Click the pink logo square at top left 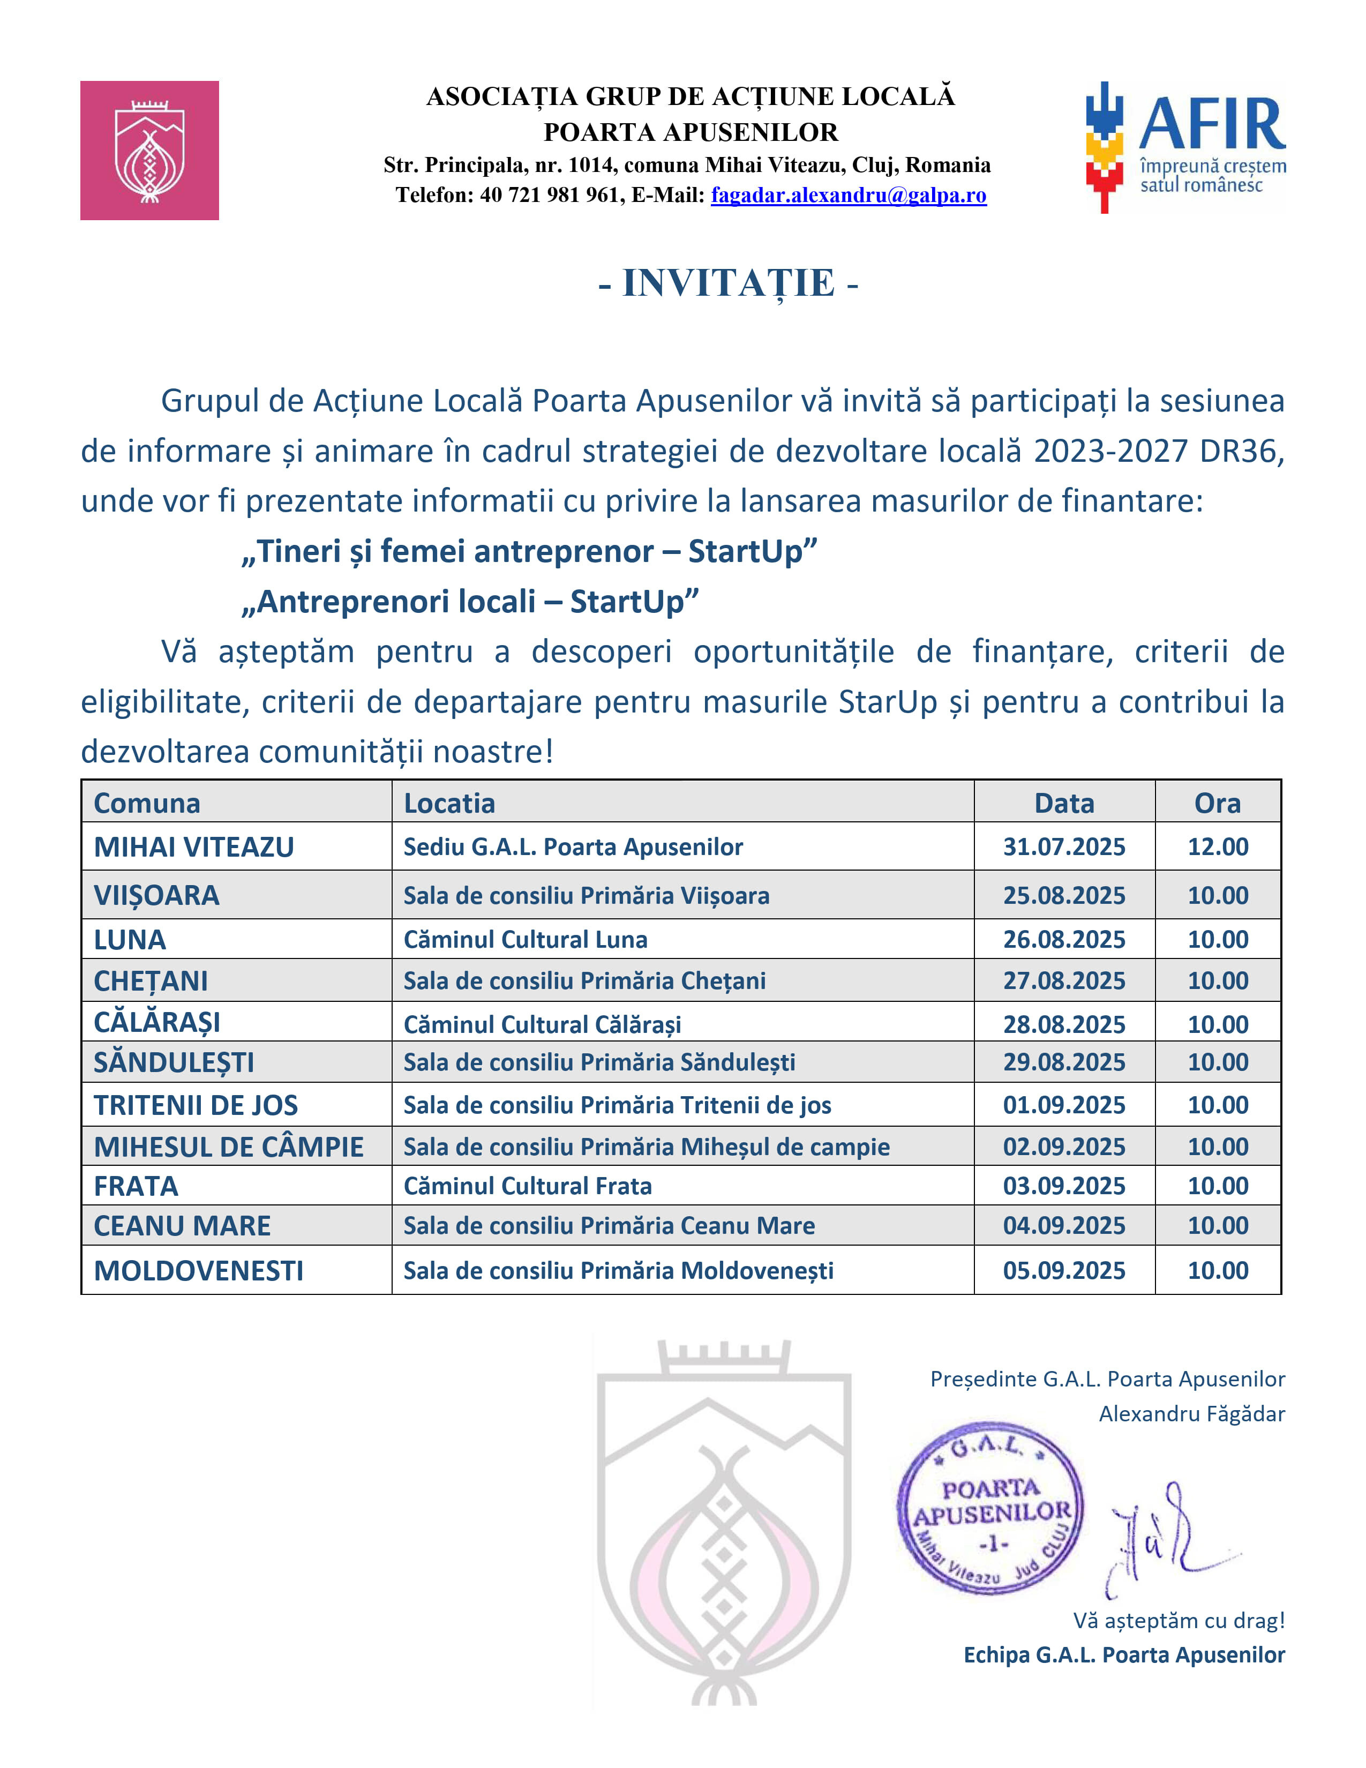pos(149,151)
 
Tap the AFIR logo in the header pos(1185,146)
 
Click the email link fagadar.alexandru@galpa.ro pos(848,195)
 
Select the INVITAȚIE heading pos(729,283)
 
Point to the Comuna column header pos(147,803)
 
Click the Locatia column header pos(449,803)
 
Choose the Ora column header pos(1217,803)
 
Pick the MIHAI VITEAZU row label pos(194,846)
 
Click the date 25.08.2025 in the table pos(1064,895)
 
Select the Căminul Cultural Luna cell pos(525,939)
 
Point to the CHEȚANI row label pos(151,981)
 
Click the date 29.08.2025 pos(1064,1062)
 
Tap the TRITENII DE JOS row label pos(196,1105)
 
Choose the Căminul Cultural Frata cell pos(528,1186)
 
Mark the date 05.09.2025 pos(1064,1270)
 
